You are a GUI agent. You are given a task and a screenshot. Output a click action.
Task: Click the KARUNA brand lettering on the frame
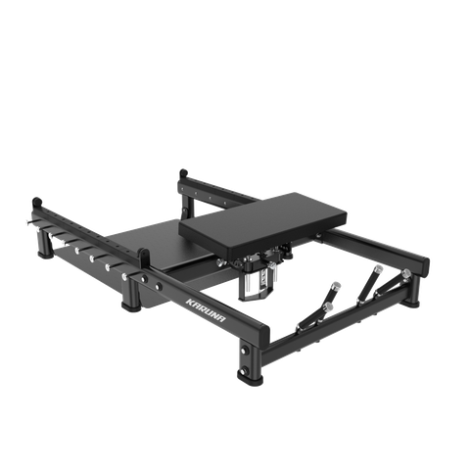pyautogui.click(x=206, y=309)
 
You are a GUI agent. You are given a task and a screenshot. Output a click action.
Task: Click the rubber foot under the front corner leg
pyautogui.click(x=251, y=380)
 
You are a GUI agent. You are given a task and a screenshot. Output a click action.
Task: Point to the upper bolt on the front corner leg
pyautogui.click(x=244, y=351)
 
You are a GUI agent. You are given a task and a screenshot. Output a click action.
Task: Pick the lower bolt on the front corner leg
pyautogui.click(x=244, y=371)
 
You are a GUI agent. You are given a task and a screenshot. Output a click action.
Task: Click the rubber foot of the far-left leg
pyautogui.click(x=46, y=254)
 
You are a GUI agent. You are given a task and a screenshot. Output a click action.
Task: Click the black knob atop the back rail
pyautogui.click(x=183, y=173)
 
